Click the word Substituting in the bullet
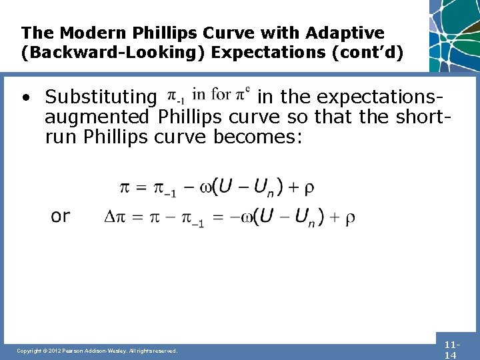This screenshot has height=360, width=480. pyautogui.click(x=100, y=97)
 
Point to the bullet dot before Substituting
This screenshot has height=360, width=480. pyautogui.click(x=25, y=99)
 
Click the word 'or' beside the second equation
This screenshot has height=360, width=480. pyautogui.click(x=61, y=216)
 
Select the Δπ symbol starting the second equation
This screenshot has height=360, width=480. pyautogui.click(x=115, y=217)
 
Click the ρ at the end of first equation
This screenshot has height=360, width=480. pyautogui.click(x=309, y=188)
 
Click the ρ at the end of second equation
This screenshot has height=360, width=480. pyautogui.click(x=350, y=217)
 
